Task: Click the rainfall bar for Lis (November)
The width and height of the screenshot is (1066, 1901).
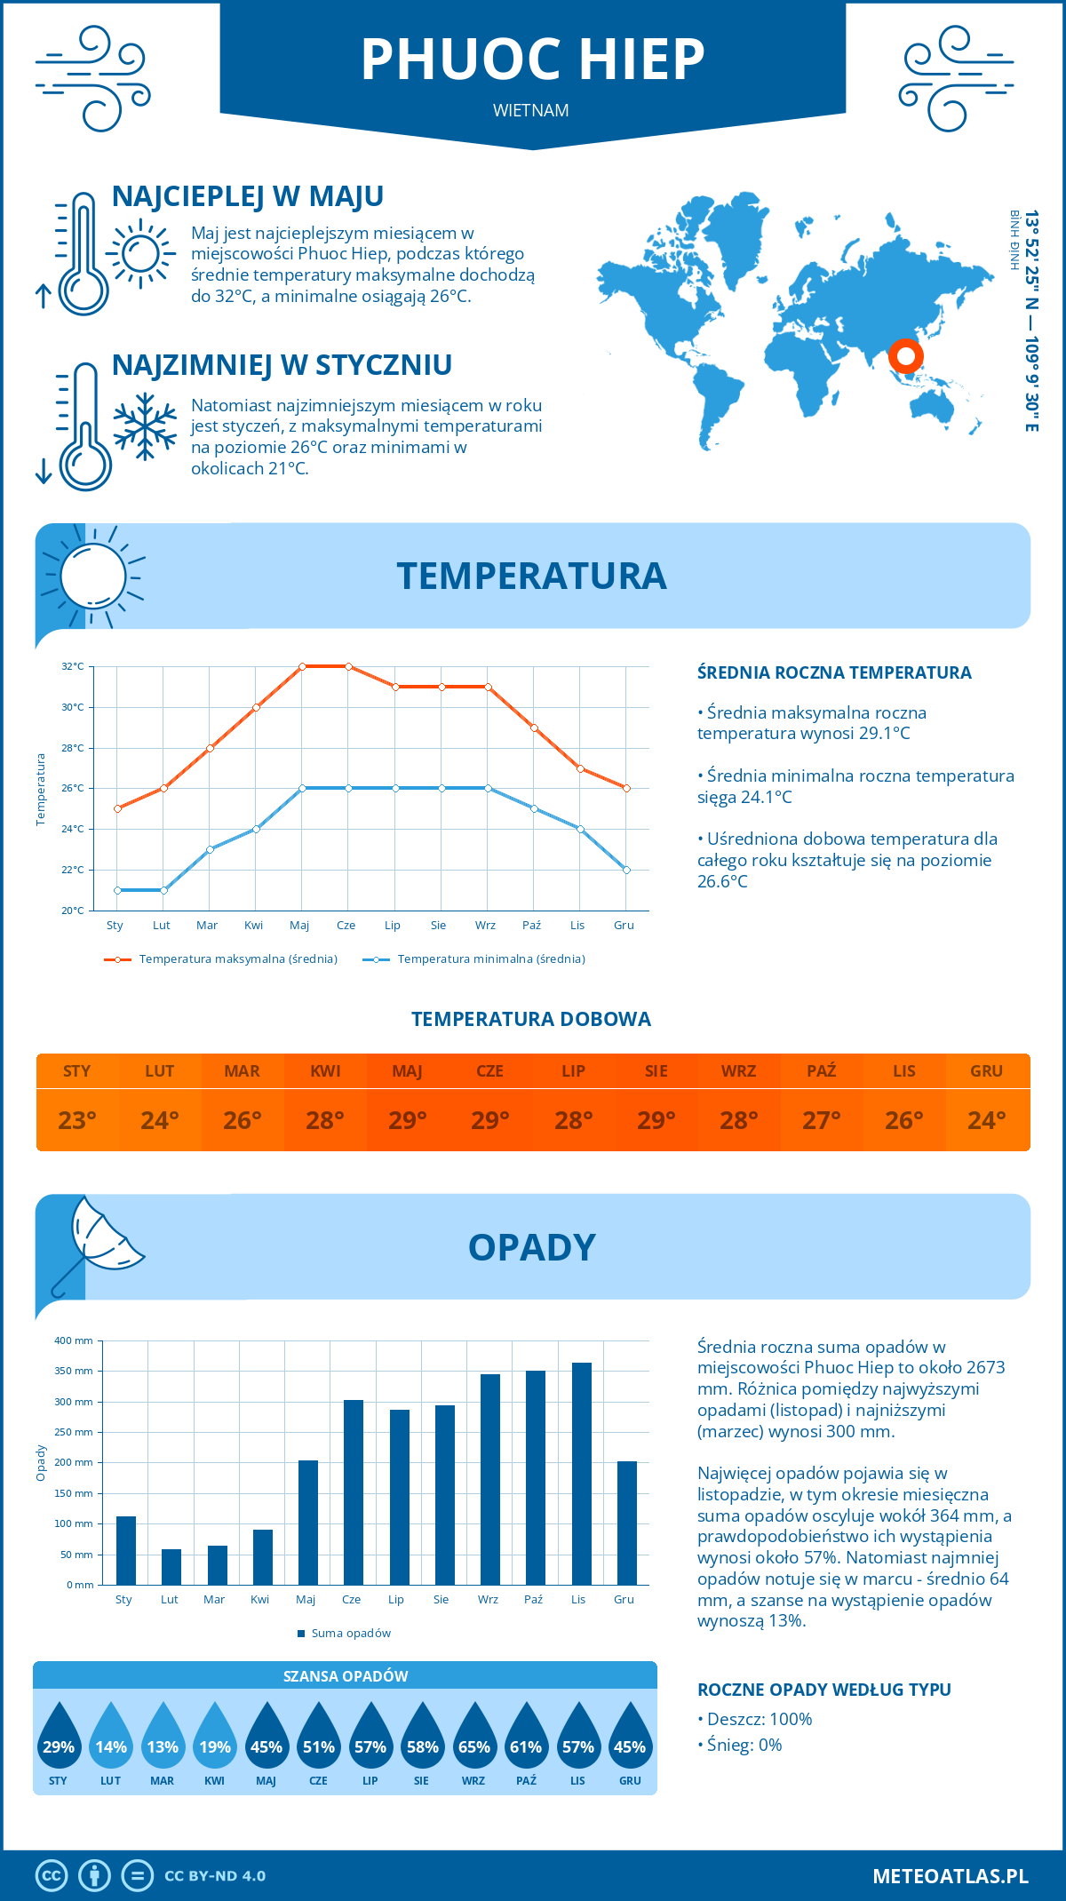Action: point(582,1474)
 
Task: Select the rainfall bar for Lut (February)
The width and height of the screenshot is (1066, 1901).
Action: point(171,1567)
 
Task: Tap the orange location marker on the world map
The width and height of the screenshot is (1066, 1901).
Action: point(905,357)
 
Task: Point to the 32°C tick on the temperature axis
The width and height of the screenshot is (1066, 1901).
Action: point(73,666)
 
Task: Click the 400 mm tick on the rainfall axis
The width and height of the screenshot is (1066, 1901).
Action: point(75,1340)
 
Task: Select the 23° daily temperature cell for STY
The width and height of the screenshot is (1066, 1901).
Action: point(77,1120)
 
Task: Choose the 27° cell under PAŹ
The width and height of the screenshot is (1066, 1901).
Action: point(822,1120)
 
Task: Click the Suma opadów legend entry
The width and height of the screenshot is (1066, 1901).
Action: point(346,1634)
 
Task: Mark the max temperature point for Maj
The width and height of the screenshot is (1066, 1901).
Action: point(302,666)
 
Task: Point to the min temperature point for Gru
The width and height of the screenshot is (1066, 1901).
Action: point(626,870)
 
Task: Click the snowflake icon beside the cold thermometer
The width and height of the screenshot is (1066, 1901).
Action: point(145,426)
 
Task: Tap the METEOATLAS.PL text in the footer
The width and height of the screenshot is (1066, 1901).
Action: point(951,1875)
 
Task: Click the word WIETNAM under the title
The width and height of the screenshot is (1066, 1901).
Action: point(531,110)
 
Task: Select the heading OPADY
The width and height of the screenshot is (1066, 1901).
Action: point(531,1247)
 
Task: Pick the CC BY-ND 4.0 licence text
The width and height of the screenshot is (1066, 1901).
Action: point(215,1876)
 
